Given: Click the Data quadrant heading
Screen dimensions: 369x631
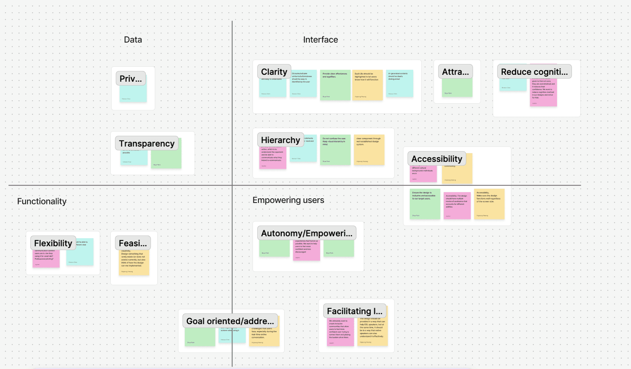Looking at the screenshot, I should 133,40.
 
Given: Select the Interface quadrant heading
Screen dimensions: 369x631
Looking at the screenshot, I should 320,40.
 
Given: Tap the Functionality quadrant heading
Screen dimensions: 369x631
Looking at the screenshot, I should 42,201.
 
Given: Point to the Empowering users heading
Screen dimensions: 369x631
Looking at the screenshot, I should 288,200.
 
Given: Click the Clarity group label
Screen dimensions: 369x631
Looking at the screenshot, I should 274,72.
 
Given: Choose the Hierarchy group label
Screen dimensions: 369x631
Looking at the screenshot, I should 281,140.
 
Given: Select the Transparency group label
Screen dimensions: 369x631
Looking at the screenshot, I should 146,143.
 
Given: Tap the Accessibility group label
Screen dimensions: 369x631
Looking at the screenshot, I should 437,159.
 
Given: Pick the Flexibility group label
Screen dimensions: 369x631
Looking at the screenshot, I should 53,243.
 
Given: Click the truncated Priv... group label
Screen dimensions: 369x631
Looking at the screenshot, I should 131,79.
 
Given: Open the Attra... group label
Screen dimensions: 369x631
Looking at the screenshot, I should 455,72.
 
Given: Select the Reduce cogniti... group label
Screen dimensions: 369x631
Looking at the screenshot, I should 534,72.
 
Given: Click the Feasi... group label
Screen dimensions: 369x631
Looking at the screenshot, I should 133,243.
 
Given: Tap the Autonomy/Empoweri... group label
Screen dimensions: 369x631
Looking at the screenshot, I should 307,233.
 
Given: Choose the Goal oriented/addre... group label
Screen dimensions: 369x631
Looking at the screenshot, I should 230,321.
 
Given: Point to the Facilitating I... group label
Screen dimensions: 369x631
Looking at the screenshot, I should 355,311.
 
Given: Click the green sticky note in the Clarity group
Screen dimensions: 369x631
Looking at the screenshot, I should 335,86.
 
